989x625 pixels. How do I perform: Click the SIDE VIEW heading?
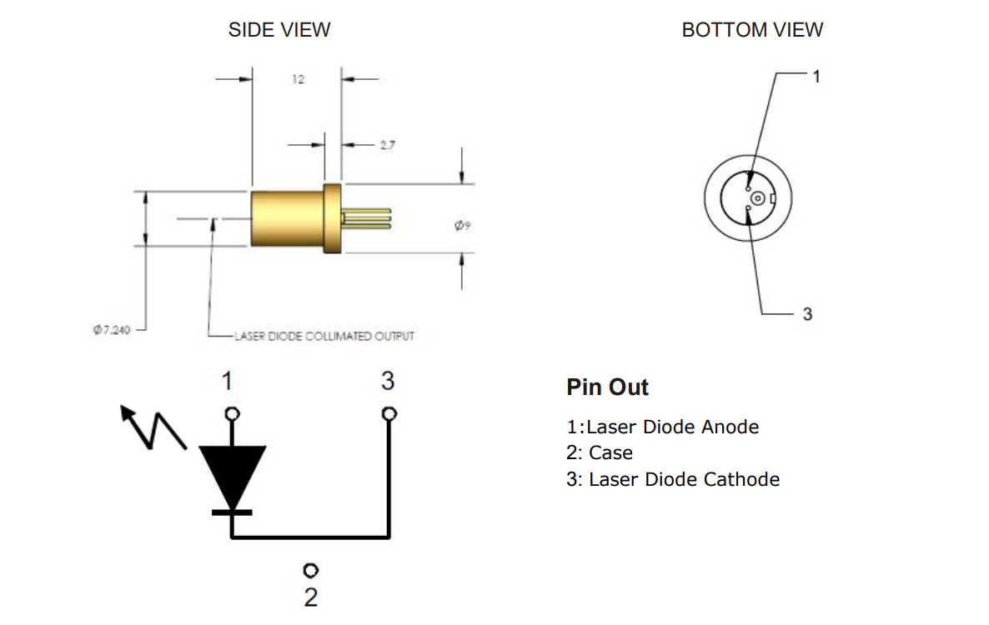[279, 30]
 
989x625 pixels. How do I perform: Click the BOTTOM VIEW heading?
[752, 30]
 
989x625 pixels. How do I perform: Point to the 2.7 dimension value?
[386, 144]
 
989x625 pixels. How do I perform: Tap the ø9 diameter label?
[463, 224]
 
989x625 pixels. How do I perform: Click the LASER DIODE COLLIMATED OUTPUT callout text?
[324, 336]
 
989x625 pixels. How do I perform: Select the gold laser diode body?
[288, 218]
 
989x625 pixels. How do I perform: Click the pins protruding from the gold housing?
[367, 217]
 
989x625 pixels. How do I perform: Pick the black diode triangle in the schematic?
[232, 476]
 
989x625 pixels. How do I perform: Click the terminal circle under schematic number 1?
[233, 413]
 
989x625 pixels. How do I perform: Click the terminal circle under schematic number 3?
[388, 413]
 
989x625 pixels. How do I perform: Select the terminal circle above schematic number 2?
[311, 570]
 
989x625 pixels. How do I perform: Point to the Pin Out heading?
[607, 387]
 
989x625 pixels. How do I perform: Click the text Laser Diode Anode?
[672, 427]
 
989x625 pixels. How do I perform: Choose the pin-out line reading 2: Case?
[600, 453]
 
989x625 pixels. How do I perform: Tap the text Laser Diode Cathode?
[684, 479]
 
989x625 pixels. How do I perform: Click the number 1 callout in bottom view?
[816, 76]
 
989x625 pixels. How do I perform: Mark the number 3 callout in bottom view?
[806, 314]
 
